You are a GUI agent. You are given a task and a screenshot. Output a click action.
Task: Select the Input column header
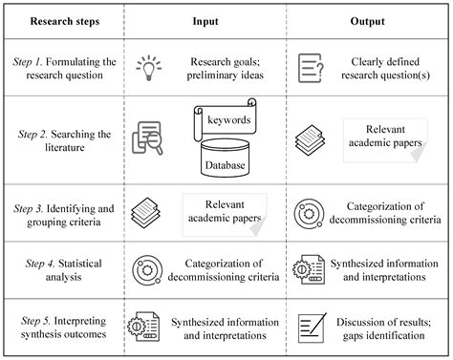coord(205,19)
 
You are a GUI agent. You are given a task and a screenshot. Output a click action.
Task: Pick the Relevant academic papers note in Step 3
coord(226,209)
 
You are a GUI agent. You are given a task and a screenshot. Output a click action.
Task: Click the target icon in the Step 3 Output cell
coord(308,211)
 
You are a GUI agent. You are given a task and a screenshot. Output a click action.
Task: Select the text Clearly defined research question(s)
coord(380,66)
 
